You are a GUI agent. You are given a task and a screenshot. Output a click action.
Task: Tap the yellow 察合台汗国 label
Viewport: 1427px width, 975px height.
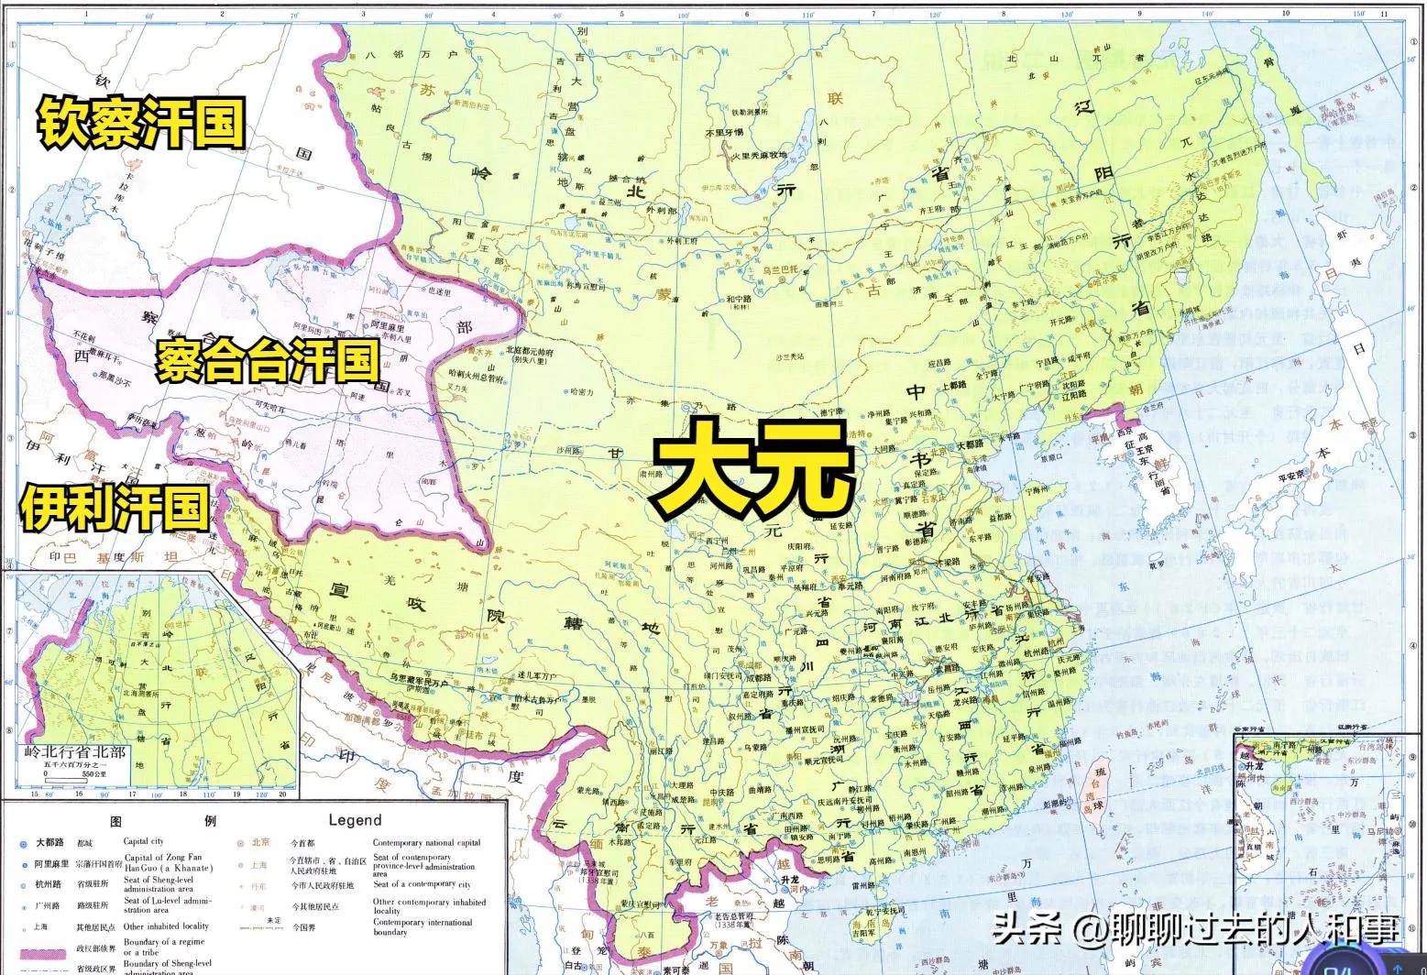[267, 361]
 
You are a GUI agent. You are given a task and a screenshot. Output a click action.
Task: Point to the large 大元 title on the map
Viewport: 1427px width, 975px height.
[753, 467]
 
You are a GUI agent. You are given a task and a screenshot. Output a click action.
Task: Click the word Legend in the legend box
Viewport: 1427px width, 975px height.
[355, 821]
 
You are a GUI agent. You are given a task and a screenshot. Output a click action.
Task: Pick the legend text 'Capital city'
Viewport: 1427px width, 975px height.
[144, 841]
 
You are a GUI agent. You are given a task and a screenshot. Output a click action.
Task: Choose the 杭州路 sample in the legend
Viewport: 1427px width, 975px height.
[49, 884]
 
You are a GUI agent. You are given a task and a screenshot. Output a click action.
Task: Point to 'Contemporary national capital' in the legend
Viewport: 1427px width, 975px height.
[426, 843]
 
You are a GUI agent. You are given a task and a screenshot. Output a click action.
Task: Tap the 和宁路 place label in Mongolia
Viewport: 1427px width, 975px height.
[739, 299]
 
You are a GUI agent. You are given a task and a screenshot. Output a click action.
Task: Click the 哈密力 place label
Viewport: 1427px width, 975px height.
[581, 391]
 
